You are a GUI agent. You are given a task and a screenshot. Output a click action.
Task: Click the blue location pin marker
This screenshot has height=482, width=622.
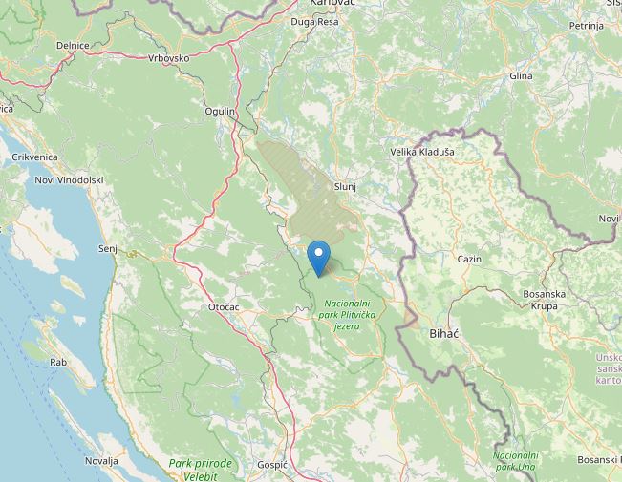pyautogui.click(x=320, y=258)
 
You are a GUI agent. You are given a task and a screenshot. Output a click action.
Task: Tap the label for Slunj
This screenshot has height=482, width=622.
pyautogui.click(x=345, y=186)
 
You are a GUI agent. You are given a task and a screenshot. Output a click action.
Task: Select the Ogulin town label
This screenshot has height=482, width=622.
pyautogui.click(x=220, y=112)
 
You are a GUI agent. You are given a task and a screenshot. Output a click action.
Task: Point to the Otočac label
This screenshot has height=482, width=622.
pyautogui.click(x=224, y=306)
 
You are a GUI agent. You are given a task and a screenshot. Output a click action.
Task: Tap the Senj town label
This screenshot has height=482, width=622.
pyautogui.click(x=107, y=248)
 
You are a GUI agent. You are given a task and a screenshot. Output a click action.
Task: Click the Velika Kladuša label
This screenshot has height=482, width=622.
pyautogui.click(x=422, y=152)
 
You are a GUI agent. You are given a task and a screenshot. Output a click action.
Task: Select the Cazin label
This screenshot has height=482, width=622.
pyautogui.click(x=469, y=259)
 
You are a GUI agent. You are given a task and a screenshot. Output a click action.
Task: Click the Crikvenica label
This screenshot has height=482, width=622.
pyautogui.click(x=34, y=157)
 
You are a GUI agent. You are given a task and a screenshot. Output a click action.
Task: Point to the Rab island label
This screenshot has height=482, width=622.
pyautogui.click(x=58, y=362)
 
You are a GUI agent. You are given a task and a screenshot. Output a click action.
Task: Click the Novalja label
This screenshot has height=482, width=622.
pyautogui.click(x=100, y=460)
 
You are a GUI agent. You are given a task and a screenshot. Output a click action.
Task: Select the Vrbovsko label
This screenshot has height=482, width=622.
pyautogui.click(x=169, y=58)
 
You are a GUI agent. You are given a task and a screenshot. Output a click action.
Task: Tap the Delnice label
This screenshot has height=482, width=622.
pyautogui.click(x=73, y=45)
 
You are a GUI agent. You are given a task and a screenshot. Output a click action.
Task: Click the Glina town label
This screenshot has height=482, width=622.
pyautogui.click(x=521, y=75)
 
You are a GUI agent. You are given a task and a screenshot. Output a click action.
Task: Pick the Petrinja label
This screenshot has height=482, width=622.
pyautogui.click(x=586, y=26)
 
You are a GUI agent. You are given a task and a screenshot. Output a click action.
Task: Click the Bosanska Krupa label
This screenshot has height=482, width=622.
pyautogui.click(x=547, y=300)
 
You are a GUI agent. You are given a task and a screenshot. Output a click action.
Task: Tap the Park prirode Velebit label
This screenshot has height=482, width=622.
pyautogui.click(x=201, y=469)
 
